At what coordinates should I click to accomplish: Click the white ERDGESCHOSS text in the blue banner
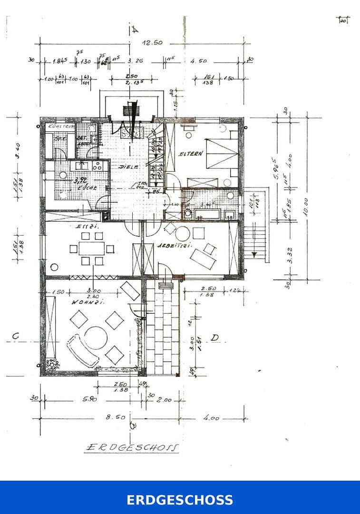[180, 500]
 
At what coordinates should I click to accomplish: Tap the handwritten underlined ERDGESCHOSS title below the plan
[132, 447]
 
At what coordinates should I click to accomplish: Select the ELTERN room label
[191, 154]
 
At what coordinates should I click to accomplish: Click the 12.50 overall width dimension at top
[152, 43]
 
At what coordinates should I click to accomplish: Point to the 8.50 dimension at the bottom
[116, 417]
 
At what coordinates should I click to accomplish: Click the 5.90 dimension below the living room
[90, 399]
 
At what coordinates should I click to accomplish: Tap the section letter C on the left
[16, 336]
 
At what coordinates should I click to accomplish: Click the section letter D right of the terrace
[214, 337]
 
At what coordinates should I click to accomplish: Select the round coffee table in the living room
[96, 337]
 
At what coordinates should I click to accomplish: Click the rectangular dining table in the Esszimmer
[90, 248]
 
